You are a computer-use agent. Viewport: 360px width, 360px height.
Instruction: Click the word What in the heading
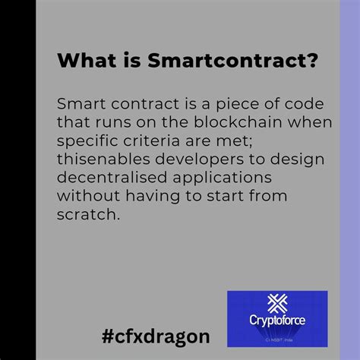pyautogui.click(x=81, y=59)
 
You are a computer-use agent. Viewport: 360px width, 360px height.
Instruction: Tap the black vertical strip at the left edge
pyautogui.click(x=17, y=180)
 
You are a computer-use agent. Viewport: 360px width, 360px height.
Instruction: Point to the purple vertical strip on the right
pyautogui.click(x=349, y=180)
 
